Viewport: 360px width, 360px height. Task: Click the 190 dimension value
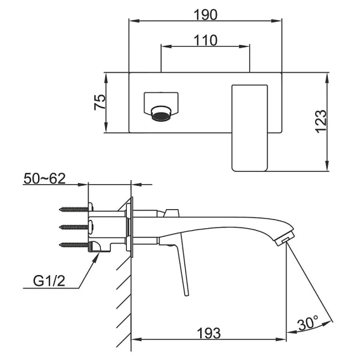[x=205, y=15]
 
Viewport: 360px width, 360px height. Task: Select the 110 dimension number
[x=205, y=41]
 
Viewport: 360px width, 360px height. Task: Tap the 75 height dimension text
[x=100, y=102]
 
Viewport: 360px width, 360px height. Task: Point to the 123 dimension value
[x=321, y=122]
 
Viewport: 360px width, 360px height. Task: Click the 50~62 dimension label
[x=45, y=179]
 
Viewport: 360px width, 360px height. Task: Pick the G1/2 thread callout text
[x=49, y=281]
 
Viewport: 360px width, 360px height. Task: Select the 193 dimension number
[x=209, y=333]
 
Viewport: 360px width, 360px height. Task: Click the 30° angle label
[x=308, y=323]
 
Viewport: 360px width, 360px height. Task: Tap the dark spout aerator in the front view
[x=161, y=116]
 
